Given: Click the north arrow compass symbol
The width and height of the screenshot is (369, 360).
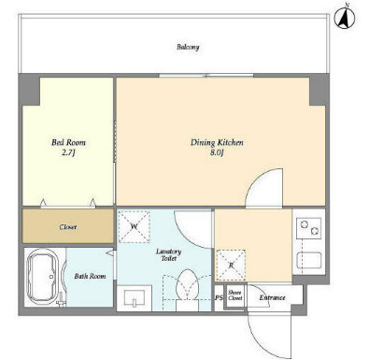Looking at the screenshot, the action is (x=345, y=18).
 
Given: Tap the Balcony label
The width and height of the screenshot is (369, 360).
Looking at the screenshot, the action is (x=188, y=47).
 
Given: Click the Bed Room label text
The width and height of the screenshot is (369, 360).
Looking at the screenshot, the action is (x=68, y=142).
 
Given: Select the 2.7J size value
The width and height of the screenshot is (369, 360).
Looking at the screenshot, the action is (x=68, y=152).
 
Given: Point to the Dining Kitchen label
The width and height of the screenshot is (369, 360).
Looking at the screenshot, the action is (x=217, y=142).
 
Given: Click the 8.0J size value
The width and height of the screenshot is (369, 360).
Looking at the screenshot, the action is (x=217, y=152).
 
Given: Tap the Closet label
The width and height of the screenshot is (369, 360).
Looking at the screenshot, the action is (x=68, y=227).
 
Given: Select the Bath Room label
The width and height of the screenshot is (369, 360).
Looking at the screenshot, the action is (x=90, y=276).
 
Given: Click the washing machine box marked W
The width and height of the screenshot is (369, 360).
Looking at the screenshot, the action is (x=134, y=226).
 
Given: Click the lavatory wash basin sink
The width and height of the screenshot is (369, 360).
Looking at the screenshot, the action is (x=135, y=298).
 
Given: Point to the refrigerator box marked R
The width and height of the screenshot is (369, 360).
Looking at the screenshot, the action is (x=231, y=265).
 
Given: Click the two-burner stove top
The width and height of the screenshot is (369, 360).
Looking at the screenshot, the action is (x=308, y=228).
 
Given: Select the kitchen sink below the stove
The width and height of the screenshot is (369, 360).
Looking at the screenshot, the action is (x=309, y=260).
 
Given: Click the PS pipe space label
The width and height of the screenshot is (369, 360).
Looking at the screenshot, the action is (x=219, y=298).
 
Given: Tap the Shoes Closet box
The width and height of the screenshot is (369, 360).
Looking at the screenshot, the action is (x=234, y=295).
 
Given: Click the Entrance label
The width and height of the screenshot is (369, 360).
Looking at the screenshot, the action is (x=272, y=297).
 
